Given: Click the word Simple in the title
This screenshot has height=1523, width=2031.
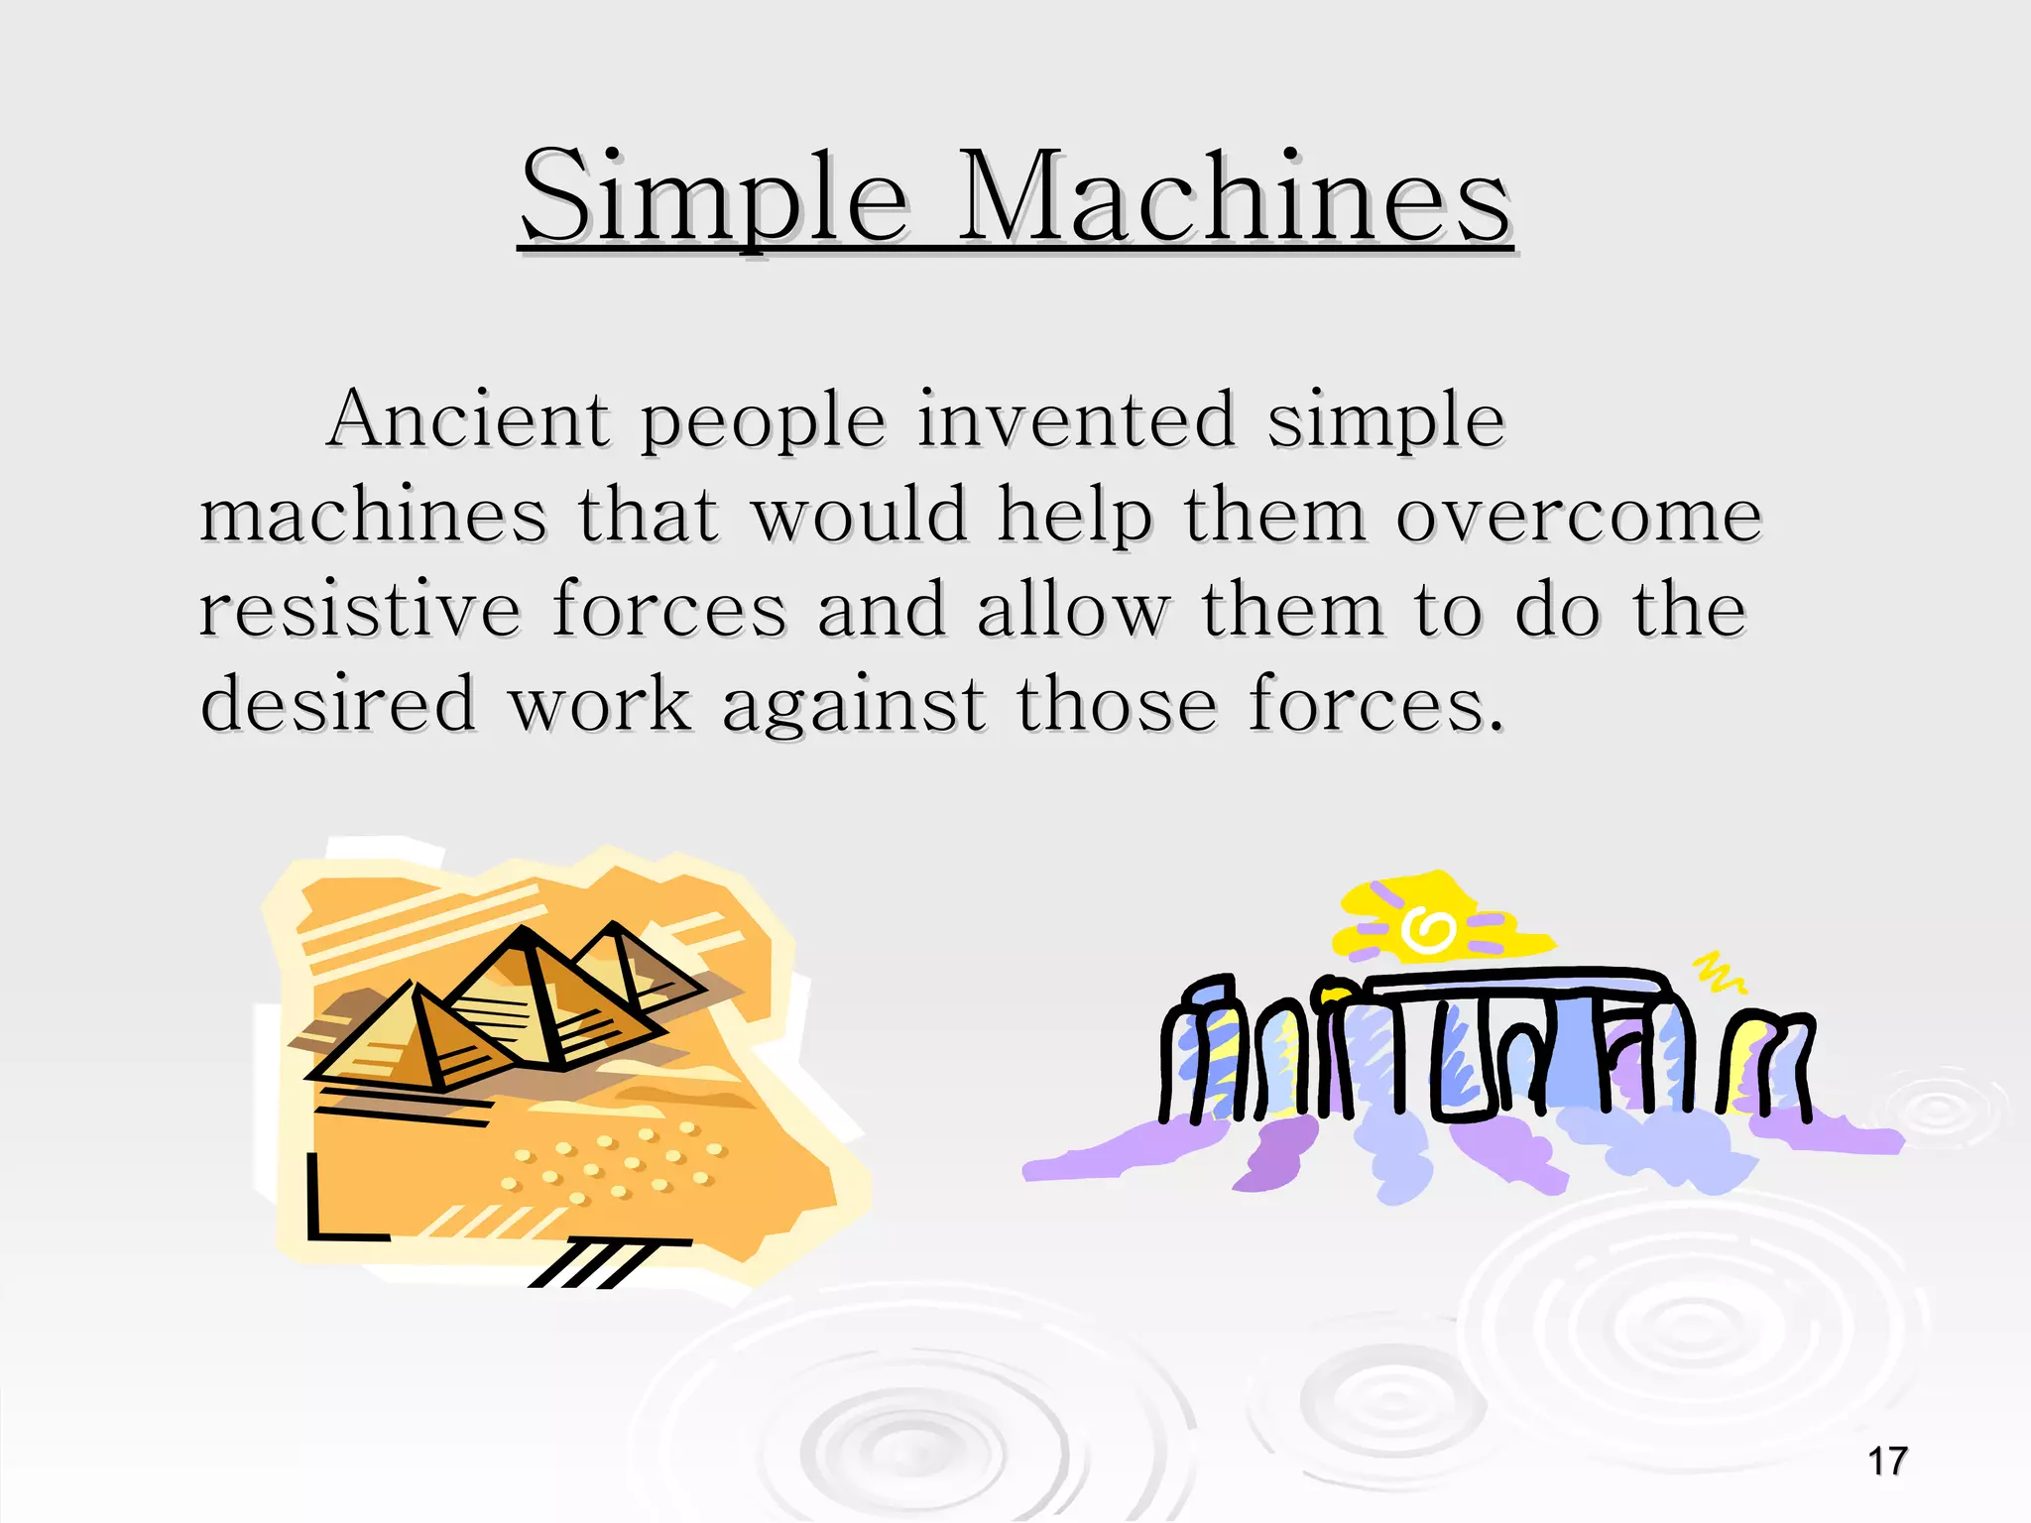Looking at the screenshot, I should [714, 198].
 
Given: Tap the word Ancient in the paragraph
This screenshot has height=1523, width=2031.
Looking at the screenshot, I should [467, 419].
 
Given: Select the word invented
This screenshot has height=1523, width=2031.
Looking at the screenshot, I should [1075, 419].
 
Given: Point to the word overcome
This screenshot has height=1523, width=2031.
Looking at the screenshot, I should [1578, 516].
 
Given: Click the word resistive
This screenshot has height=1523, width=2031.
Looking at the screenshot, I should [359, 609].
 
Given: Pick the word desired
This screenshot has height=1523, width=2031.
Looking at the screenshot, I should [338, 704].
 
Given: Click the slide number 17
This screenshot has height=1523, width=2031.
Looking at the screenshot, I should [1886, 1462].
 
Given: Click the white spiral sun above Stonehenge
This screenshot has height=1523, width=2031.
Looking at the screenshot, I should [1427, 930].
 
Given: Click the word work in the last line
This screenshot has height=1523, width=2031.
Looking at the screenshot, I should [599, 704].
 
